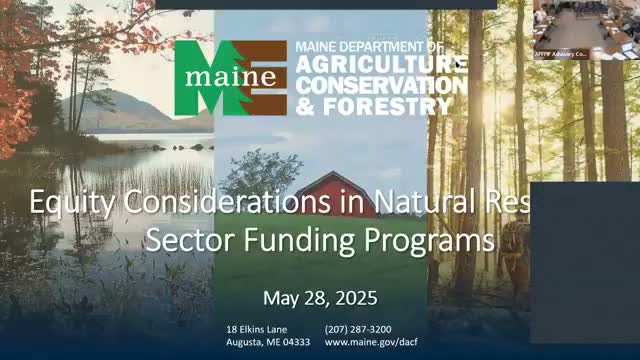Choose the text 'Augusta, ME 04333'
[x=268, y=342]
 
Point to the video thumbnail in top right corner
[x=585, y=30]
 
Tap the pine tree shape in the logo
[x=263, y=77]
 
